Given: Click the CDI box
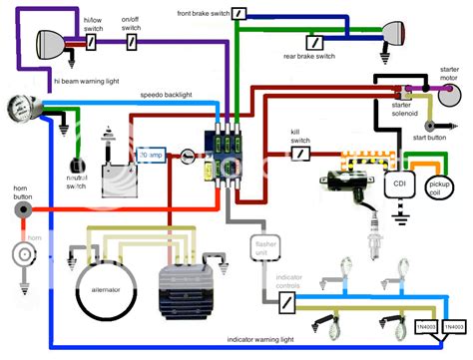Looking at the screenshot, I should tap(398, 185).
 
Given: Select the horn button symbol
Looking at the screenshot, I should tap(20, 210).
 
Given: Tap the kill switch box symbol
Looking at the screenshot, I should tap(301, 155).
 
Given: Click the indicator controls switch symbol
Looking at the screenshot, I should tap(286, 302).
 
